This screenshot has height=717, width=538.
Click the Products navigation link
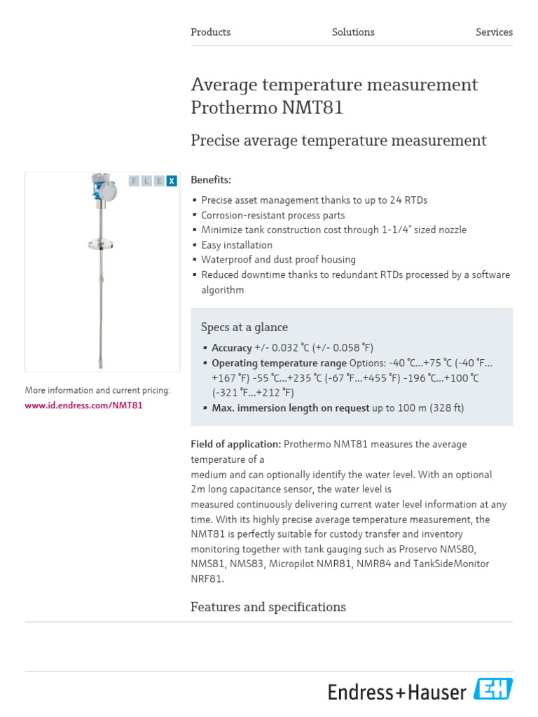pos(210,32)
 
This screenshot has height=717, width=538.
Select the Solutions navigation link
pos(353,32)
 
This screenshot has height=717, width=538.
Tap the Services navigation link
pos(494,32)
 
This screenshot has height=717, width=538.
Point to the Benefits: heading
pos(211,180)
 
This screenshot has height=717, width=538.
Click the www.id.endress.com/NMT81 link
pos(84,405)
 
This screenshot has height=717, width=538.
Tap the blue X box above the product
pos(172,181)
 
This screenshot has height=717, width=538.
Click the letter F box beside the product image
pos(134,181)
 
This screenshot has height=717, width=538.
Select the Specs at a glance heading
pos(244,327)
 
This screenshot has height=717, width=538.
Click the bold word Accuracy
pos(232,348)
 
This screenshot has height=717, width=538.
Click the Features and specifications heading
pos(268,607)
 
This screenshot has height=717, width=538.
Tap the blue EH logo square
pos(493,690)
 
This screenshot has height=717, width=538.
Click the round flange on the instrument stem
pos(104,244)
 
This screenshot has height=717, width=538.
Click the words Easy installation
pos(237,245)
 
